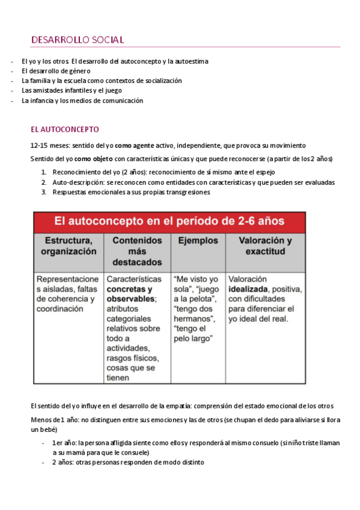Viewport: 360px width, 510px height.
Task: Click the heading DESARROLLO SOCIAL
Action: point(78,40)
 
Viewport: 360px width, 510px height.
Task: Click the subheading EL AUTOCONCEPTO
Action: point(64,129)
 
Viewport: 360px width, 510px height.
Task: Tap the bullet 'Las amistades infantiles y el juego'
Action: point(72,91)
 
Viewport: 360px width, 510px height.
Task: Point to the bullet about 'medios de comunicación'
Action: point(82,101)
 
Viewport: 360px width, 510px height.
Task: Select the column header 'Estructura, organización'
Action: point(68,246)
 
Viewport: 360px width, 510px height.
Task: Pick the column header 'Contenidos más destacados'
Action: point(137,251)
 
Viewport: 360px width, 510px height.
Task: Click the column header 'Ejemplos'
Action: point(198,241)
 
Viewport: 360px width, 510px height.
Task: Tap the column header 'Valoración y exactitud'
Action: point(265,246)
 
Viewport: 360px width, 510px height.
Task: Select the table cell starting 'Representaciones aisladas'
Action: point(68,294)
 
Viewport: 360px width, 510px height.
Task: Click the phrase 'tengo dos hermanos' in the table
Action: point(195,313)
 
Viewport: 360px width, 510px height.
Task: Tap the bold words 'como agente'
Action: point(132,146)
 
